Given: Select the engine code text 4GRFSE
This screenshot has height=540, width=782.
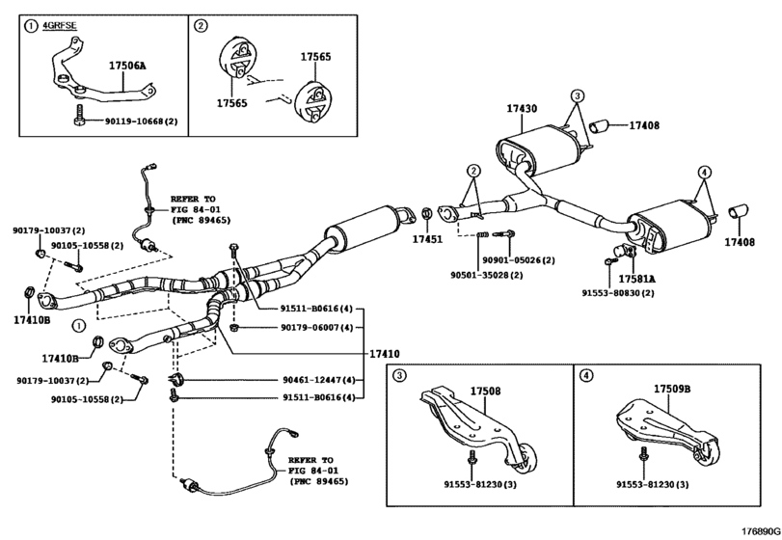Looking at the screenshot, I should click(60, 25).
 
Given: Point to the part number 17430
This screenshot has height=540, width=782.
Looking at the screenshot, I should click(522, 109).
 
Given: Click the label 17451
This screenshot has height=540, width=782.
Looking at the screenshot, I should click(427, 239).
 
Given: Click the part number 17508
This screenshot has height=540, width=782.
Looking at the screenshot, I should click(486, 391).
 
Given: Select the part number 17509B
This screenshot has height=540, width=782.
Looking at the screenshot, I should click(672, 389).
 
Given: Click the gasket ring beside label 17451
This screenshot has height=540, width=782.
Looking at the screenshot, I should click(427, 213).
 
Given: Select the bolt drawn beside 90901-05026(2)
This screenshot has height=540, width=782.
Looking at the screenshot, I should click(504, 234).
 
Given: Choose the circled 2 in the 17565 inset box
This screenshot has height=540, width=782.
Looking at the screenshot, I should click(202, 25).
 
